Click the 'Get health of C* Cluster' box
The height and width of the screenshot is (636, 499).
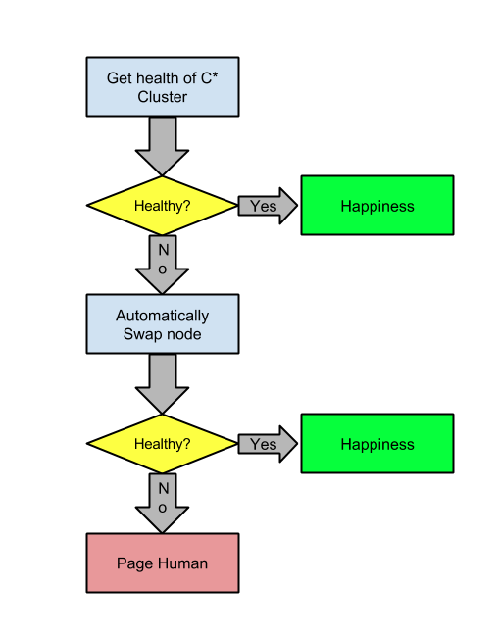click(x=163, y=87)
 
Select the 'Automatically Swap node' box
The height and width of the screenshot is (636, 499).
click(x=163, y=324)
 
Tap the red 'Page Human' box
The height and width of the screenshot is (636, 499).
click(x=163, y=563)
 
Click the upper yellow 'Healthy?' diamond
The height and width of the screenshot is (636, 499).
click(x=163, y=205)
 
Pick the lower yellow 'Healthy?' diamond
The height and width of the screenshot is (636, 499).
click(x=163, y=443)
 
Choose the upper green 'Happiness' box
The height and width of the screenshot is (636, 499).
click(x=377, y=205)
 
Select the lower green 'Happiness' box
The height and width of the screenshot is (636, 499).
click(x=377, y=443)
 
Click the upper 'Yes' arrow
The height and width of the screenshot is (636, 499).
click(x=268, y=206)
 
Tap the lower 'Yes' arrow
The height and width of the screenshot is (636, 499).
click(x=268, y=444)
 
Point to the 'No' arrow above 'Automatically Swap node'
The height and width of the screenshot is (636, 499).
click(x=163, y=265)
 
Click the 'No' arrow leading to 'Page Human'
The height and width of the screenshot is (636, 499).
click(x=163, y=503)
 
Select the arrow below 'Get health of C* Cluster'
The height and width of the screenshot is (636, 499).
click(x=163, y=146)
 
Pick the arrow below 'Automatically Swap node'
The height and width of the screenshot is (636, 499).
click(x=163, y=384)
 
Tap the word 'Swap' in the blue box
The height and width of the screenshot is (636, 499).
click(x=140, y=334)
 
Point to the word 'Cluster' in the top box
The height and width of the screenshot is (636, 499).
click(x=163, y=97)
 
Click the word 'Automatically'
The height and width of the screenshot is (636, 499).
click(x=163, y=316)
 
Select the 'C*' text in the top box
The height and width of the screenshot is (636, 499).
click(x=210, y=77)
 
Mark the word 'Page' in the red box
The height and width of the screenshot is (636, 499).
click(x=135, y=563)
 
